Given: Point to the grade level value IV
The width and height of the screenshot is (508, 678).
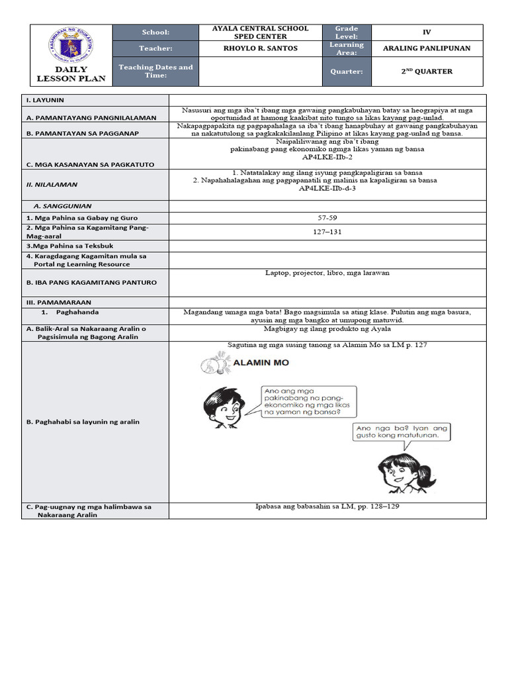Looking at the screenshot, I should pyautogui.click(x=426, y=32).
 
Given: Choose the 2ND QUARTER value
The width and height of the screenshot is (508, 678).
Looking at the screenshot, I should pyautogui.click(x=427, y=72).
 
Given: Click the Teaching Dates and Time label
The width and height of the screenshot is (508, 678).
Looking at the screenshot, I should pyautogui.click(x=155, y=71).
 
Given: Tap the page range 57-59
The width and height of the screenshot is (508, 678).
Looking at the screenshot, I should pyautogui.click(x=327, y=217).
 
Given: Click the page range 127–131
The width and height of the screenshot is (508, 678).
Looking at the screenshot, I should pyautogui.click(x=327, y=232).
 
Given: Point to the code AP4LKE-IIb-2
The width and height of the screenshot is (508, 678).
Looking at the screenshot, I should pyautogui.click(x=327, y=158).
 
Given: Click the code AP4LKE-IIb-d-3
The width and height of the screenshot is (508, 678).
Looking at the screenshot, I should pyautogui.click(x=327, y=189).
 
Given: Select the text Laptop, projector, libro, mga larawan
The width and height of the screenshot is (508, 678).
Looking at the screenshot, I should pyautogui.click(x=327, y=272).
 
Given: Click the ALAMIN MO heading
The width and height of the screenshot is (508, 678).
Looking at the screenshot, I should pyautogui.click(x=261, y=362).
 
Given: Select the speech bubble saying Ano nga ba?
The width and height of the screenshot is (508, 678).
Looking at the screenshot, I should pyautogui.click(x=402, y=432).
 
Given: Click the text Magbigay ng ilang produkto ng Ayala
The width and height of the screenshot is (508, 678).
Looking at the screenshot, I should pyautogui.click(x=327, y=328).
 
